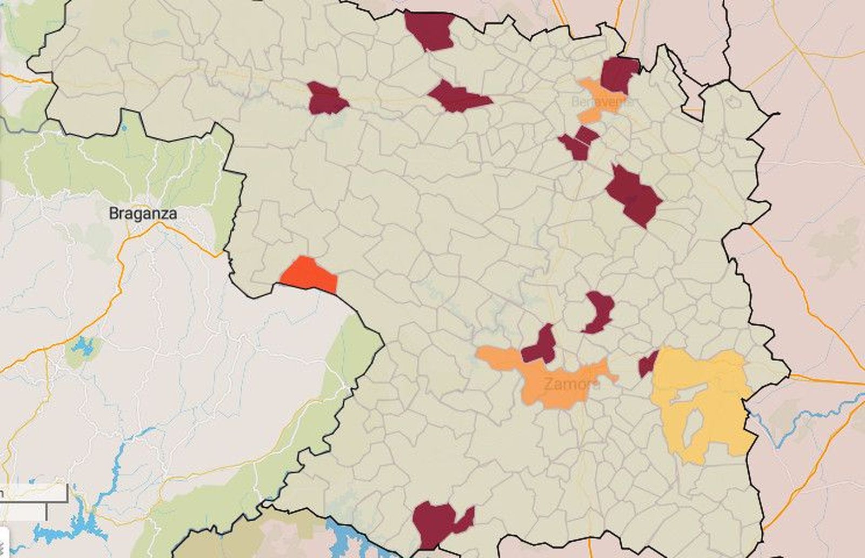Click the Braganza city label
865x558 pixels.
(143, 213)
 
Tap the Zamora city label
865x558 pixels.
(571, 384)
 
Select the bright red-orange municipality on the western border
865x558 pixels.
(310, 276)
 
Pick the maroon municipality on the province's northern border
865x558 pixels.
(430, 30)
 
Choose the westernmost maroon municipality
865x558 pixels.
(325, 99)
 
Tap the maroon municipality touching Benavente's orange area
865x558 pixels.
(618, 74)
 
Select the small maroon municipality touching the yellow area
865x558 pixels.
(648, 364)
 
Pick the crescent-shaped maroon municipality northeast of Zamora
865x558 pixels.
(599, 311)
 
